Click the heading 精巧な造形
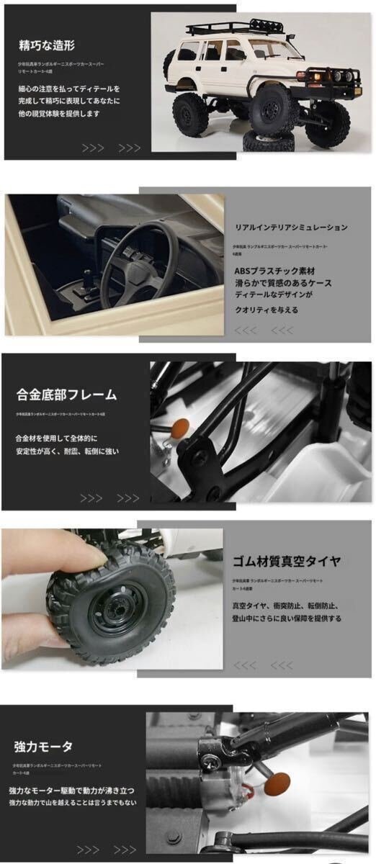pos(48,46)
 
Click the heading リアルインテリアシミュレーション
pos(291,228)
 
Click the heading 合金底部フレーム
pos(66,395)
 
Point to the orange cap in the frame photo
pos(181,426)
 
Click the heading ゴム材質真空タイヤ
pos(286,561)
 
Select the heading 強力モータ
pos(43,747)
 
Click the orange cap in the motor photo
pos(276,783)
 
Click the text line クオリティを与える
pos(266,310)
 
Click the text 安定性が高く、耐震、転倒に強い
pos(66,451)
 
